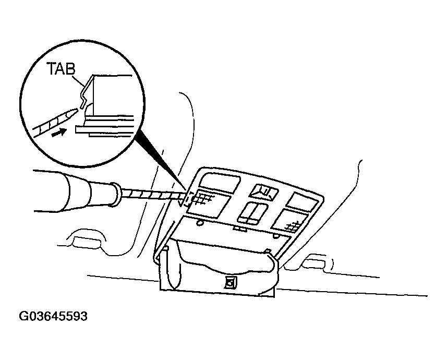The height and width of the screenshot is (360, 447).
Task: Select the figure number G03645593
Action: point(53,317)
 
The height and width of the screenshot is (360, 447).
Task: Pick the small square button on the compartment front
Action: point(229,283)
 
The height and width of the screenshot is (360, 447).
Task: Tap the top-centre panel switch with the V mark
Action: point(263,192)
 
